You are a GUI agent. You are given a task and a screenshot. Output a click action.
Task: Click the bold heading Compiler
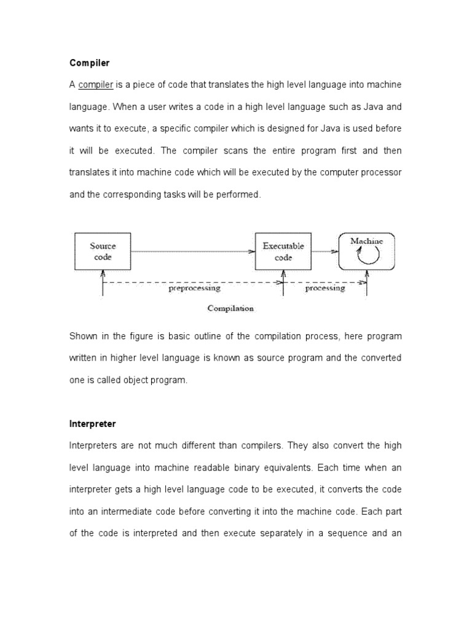click(x=89, y=63)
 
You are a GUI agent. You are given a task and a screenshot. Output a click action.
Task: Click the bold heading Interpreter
click(x=92, y=424)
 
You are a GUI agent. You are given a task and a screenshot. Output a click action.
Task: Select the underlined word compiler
click(x=95, y=84)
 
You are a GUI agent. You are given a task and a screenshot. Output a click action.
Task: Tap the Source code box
click(x=103, y=252)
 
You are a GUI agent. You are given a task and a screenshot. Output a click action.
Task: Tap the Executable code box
click(x=283, y=252)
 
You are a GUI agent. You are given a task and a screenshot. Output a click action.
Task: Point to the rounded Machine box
click(x=366, y=252)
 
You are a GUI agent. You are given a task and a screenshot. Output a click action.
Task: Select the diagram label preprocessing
click(x=194, y=287)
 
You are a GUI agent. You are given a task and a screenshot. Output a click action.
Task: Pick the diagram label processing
click(x=324, y=287)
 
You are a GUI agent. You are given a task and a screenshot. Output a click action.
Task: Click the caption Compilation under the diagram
click(x=230, y=308)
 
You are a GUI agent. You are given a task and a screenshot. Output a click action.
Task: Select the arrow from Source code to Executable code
click(x=192, y=251)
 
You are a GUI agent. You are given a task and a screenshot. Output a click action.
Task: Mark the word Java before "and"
click(x=372, y=106)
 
